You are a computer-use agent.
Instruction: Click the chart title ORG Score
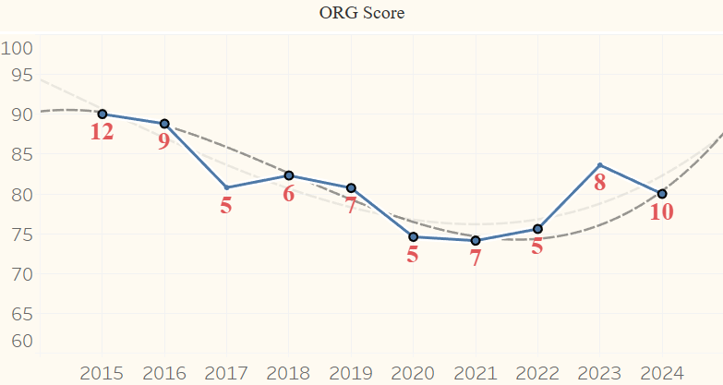click(x=361, y=14)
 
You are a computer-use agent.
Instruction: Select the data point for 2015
click(x=102, y=114)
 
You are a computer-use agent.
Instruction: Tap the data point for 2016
click(x=164, y=124)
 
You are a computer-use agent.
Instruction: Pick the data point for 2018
click(x=289, y=175)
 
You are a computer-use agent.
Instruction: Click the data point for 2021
click(x=476, y=241)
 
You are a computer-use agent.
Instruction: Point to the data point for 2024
click(x=662, y=194)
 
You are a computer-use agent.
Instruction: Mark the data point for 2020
click(x=413, y=237)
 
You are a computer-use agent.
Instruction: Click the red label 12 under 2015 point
click(x=102, y=132)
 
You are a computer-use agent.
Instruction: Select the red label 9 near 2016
click(x=163, y=142)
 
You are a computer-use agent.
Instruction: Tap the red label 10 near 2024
click(x=662, y=212)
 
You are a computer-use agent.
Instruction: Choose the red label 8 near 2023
click(x=599, y=183)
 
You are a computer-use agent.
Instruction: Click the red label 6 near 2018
click(x=289, y=194)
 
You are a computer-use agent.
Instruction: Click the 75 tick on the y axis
click(x=23, y=235)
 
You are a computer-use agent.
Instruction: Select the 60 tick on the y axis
click(x=23, y=341)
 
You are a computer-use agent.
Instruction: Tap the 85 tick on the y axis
click(x=23, y=154)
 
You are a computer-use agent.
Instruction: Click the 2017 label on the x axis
click(x=226, y=374)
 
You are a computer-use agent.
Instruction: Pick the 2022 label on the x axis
click(x=537, y=374)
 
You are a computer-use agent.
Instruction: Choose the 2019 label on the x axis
click(x=351, y=374)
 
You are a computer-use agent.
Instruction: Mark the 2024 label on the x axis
click(x=662, y=374)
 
